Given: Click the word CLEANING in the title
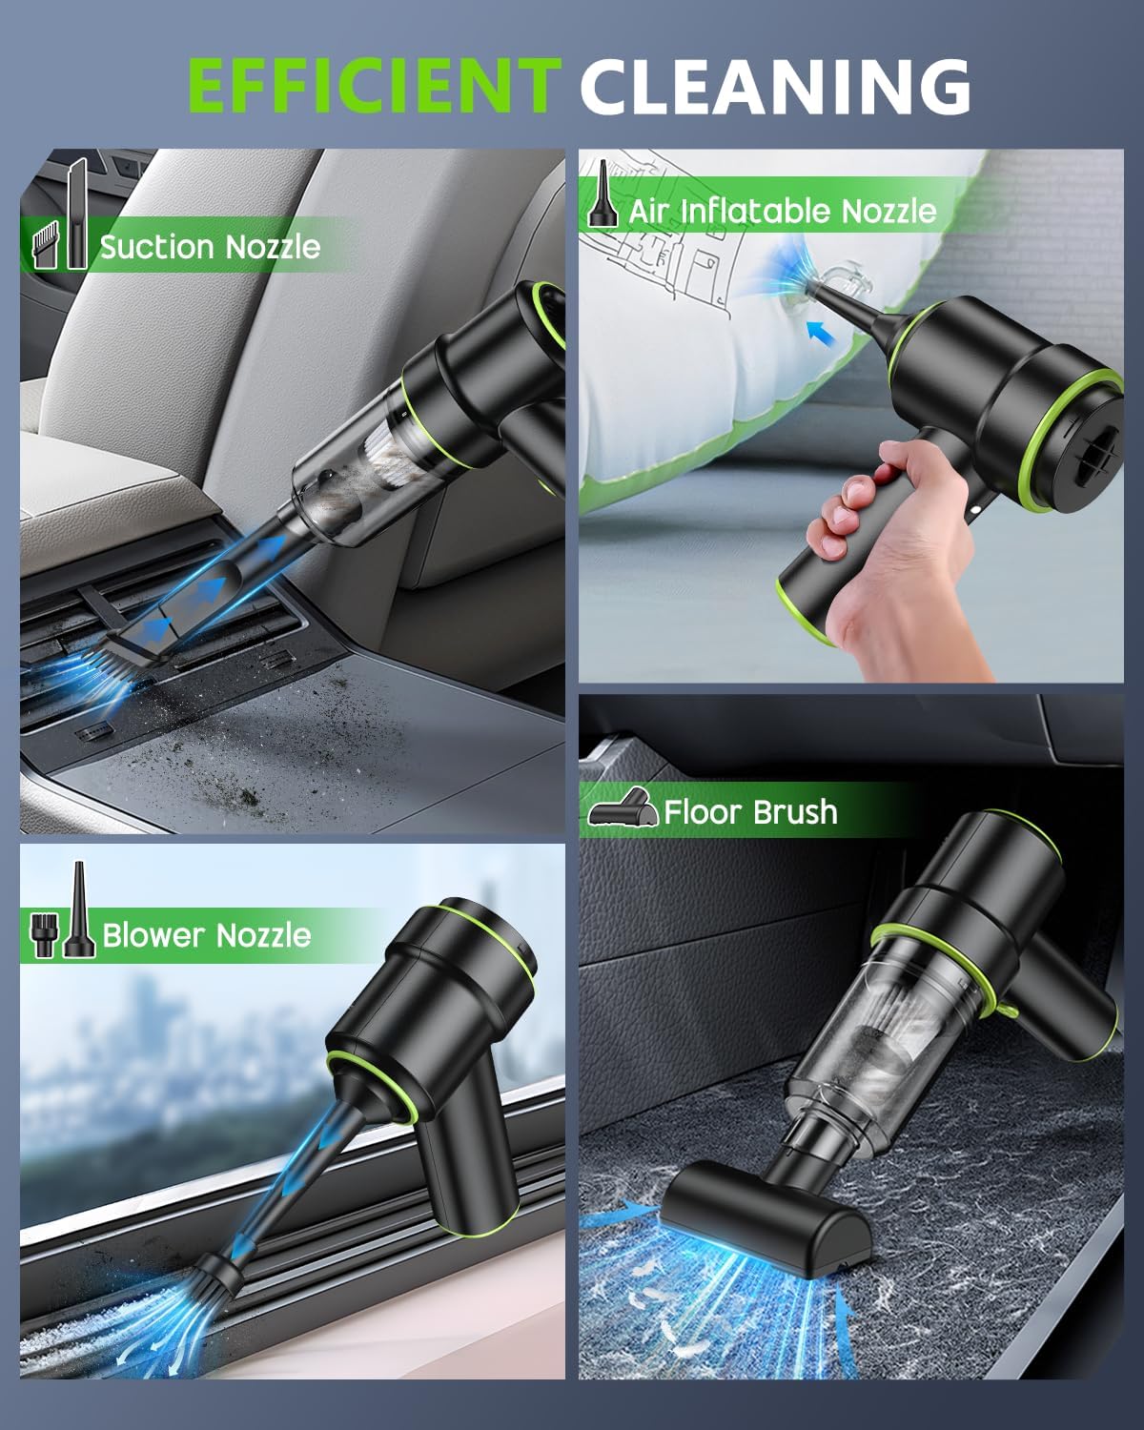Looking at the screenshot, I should [774, 86].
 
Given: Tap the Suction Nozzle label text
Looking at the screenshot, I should [210, 247].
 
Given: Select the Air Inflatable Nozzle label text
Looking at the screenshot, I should [782, 210].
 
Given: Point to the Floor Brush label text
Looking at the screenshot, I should [750, 812].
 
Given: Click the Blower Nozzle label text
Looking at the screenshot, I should [206, 935].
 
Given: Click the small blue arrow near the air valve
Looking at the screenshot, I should [819, 334].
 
